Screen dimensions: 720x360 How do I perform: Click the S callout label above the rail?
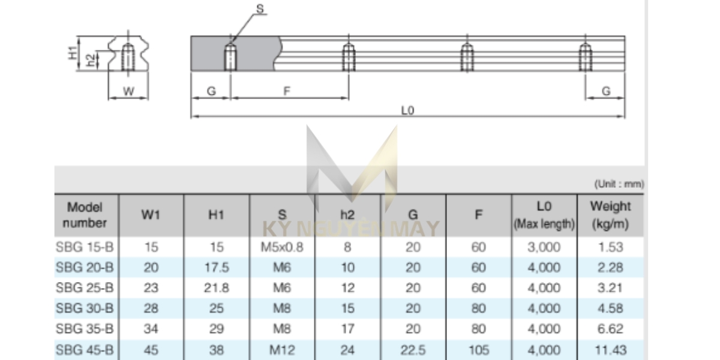tap(260, 8)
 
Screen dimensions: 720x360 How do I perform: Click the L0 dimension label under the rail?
tap(407, 110)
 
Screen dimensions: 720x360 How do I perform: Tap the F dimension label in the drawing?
tap(287, 91)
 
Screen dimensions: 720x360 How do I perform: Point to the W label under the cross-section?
tap(128, 92)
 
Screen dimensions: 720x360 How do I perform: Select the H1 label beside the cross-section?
tap(73, 53)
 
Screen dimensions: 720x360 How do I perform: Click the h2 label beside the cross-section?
tap(91, 60)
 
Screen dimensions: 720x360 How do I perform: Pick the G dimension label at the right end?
tap(606, 91)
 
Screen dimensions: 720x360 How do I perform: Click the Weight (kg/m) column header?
tap(610, 215)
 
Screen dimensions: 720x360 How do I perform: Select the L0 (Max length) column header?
tap(544, 215)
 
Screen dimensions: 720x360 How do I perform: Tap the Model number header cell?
tap(85, 215)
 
